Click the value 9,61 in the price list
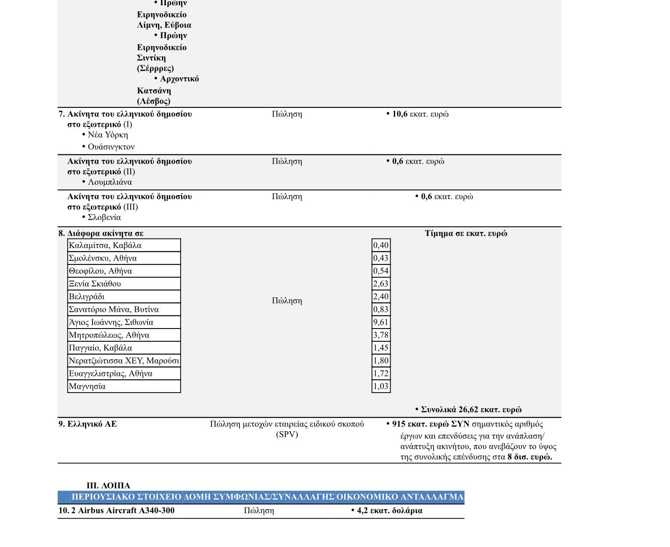tap(381, 322)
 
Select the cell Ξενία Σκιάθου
tap(95, 284)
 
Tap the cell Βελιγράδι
tap(87, 297)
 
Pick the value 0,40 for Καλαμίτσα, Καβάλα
tap(381, 246)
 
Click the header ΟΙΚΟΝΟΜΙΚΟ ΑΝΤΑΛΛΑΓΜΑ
tap(399, 497)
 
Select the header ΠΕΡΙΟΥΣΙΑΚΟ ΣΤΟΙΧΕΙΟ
tap(126, 497)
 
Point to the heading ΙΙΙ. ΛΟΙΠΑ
tap(108, 486)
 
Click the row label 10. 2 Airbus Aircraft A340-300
tap(117, 511)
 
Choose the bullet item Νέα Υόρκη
tap(108, 135)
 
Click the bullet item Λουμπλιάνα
tap(110, 182)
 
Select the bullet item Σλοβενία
tap(104, 218)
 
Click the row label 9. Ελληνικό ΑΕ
tap(88, 424)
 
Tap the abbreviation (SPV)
tap(287, 435)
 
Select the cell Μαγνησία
tap(87, 386)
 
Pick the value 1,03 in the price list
tap(381, 386)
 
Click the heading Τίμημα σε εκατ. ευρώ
tap(466, 233)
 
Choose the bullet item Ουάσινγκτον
tap(111, 147)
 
